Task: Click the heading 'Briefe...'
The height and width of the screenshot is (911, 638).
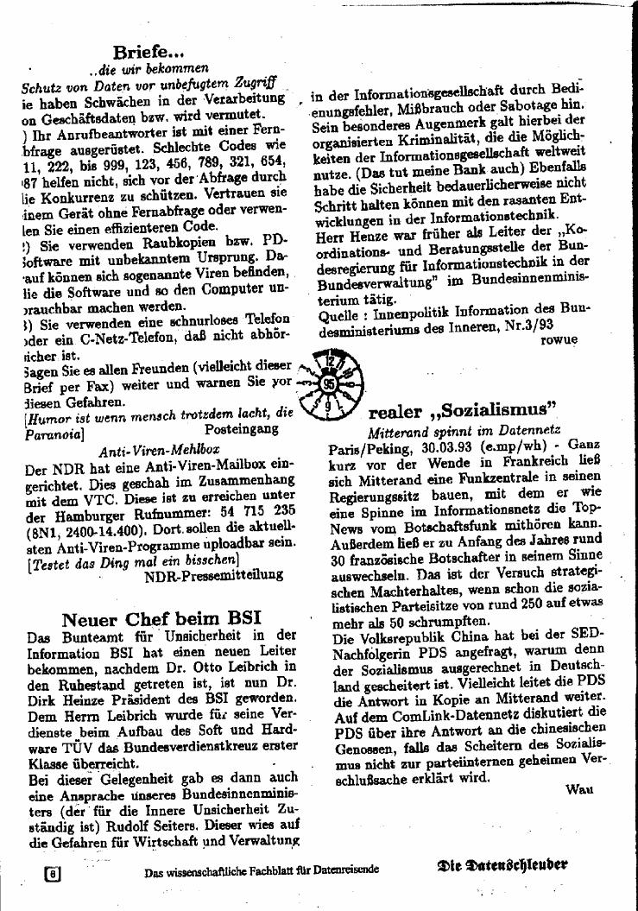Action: coord(149,52)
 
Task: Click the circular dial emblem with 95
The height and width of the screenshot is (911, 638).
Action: coord(331,383)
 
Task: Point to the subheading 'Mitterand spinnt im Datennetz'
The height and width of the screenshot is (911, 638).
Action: coord(464,428)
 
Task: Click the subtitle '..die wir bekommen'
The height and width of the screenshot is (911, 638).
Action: coord(148,68)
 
